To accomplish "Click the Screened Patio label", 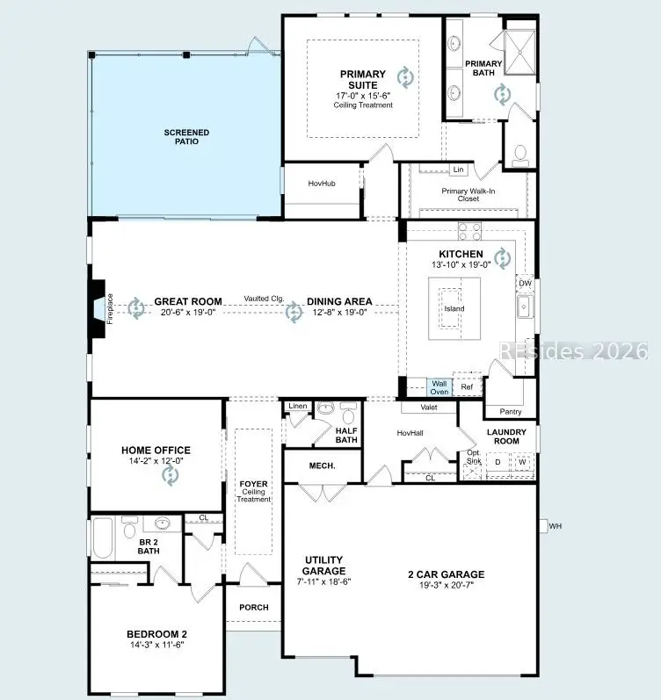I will (x=186, y=136).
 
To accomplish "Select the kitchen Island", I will (x=454, y=308).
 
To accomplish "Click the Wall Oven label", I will (x=439, y=386).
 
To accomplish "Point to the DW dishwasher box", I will (x=525, y=283).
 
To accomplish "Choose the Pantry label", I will (x=510, y=411).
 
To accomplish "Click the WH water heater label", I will (x=554, y=526).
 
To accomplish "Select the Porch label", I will (x=253, y=607).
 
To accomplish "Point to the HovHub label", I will (x=322, y=184).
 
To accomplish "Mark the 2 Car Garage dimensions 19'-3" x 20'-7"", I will (x=446, y=586).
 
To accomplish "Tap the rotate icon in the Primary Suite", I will (x=405, y=77).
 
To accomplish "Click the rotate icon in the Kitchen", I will (x=501, y=257).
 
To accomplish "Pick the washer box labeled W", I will (x=522, y=462).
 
